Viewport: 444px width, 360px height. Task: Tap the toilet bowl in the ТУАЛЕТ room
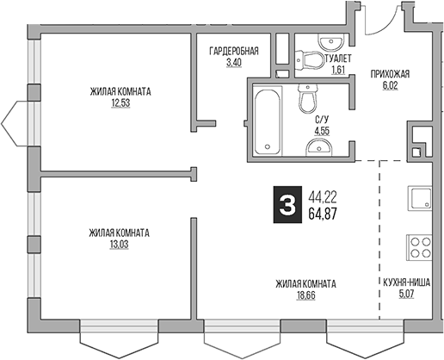(313, 59)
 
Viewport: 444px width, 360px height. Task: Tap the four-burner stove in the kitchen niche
(420, 247)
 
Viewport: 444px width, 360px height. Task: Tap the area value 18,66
(305, 295)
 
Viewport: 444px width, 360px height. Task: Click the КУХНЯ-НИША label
(410, 282)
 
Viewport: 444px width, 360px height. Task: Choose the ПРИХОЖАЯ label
(389, 74)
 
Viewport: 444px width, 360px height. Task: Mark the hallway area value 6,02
(389, 84)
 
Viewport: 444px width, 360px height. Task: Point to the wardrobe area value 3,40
(233, 62)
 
